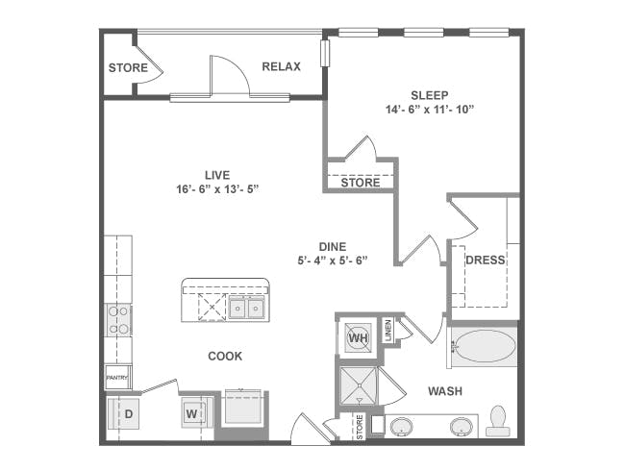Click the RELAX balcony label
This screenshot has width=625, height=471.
(x=281, y=66)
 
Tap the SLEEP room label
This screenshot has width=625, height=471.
(x=429, y=95)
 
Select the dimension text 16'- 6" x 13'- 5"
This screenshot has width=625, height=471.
(x=217, y=189)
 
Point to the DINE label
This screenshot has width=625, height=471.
(x=332, y=247)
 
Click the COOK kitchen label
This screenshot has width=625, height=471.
(x=225, y=356)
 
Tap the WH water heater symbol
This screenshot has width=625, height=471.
(x=358, y=338)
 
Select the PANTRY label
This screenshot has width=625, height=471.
(x=116, y=378)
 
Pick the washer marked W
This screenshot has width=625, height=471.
(x=193, y=413)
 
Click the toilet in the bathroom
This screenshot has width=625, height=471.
(x=498, y=421)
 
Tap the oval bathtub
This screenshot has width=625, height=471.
(x=486, y=346)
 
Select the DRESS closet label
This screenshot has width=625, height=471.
(x=485, y=260)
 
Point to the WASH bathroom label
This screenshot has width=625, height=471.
(x=445, y=391)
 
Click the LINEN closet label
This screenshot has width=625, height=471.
(x=388, y=331)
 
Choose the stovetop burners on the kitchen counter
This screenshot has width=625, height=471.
(x=118, y=320)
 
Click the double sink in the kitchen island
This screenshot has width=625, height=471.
(x=246, y=308)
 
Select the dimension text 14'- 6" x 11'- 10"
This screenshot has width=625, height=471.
(x=429, y=110)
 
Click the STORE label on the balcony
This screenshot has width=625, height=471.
(x=128, y=67)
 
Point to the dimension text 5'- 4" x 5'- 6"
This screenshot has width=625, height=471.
(x=332, y=260)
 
